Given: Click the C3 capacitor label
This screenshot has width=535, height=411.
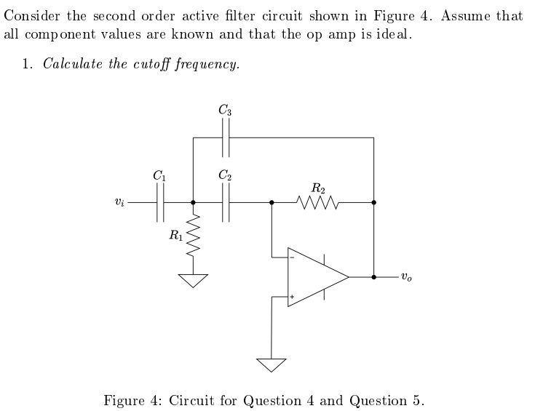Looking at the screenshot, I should [225, 111].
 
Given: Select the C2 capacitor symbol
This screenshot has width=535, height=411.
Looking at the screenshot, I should [226, 203].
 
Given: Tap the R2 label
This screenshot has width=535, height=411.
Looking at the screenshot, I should [318, 188].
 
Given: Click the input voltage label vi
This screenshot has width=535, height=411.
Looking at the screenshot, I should [120, 204].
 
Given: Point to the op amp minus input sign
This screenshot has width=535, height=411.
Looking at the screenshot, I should [293, 256].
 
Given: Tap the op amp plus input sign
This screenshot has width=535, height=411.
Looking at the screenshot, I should [293, 297].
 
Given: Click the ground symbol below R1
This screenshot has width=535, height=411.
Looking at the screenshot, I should [193, 279].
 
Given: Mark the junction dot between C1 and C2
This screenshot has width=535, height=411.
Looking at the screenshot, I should [193, 203].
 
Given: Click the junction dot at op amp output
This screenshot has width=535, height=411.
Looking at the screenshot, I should [373, 277].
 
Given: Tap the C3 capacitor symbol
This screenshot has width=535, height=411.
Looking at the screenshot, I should [226, 137].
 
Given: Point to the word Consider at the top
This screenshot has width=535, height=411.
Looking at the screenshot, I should [31, 16].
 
